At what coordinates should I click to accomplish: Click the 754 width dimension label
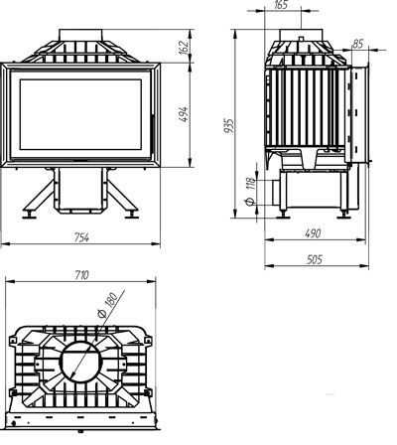(x=81, y=237)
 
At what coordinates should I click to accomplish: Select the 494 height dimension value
(x=184, y=114)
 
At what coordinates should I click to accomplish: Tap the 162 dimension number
(x=185, y=46)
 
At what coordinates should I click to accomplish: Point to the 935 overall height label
(x=229, y=126)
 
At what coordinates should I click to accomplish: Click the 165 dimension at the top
(x=281, y=5)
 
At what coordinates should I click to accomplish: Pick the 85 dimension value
(x=357, y=44)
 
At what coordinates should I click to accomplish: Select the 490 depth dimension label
(x=313, y=233)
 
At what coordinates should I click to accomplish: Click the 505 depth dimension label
(x=314, y=259)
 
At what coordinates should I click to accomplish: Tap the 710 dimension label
(x=81, y=274)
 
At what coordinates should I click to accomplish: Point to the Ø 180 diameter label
(x=107, y=305)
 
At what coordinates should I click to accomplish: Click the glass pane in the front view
(x=80, y=114)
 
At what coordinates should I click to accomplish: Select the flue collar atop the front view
(x=80, y=35)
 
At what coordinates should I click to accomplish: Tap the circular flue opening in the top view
(x=80, y=361)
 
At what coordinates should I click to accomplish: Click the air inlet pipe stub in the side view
(x=276, y=193)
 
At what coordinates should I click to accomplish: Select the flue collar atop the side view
(x=301, y=35)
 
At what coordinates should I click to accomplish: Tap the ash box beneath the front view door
(x=80, y=190)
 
